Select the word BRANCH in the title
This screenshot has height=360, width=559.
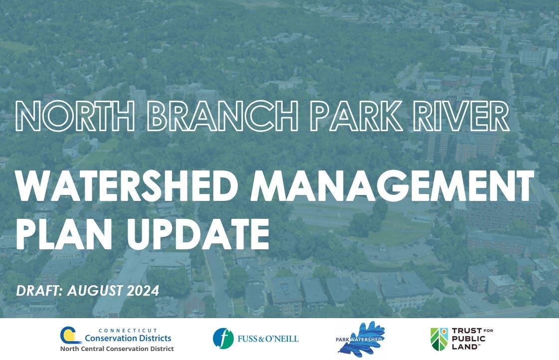222,116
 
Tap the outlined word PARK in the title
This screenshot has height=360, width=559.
356,116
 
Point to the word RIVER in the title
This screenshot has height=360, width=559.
461,116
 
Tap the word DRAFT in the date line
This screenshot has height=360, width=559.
39,291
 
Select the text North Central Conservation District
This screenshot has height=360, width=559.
117,349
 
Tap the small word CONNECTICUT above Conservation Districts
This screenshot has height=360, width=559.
128,331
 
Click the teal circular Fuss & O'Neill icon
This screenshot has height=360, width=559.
223,338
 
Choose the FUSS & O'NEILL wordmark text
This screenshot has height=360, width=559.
268,338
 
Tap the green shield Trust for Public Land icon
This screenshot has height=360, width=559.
440,339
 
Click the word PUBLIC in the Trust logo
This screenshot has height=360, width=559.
468,339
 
